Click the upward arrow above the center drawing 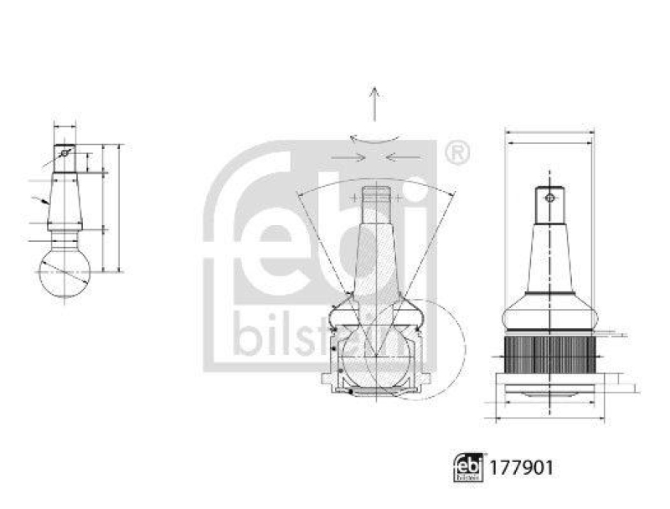pyautogui.click(x=374, y=105)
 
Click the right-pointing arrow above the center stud pyautogui.click(x=346, y=157)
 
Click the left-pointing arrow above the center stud pyautogui.click(x=403, y=157)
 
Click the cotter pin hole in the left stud pyautogui.click(x=64, y=153)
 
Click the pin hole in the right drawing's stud pyautogui.click(x=549, y=198)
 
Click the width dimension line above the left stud pyautogui.click(x=64, y=127)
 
